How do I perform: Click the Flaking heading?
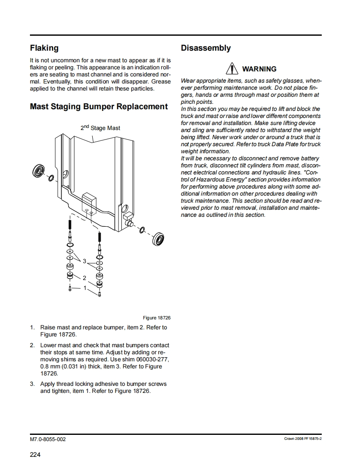(44, 48)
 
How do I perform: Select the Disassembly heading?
(205, 48)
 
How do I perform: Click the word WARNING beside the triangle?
(259, 69)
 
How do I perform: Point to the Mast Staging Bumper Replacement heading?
(99, 107)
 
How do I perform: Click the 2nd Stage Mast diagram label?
(100, 128)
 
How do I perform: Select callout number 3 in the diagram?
(84, 261)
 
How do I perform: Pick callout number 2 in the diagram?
(84, 277)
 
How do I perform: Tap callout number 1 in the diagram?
(85, 288)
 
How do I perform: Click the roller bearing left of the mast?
(39, 171)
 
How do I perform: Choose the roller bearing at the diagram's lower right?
(159, 238)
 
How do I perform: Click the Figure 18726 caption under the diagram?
(157, 318)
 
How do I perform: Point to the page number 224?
(35, 455)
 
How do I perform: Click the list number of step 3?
(32, 384)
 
